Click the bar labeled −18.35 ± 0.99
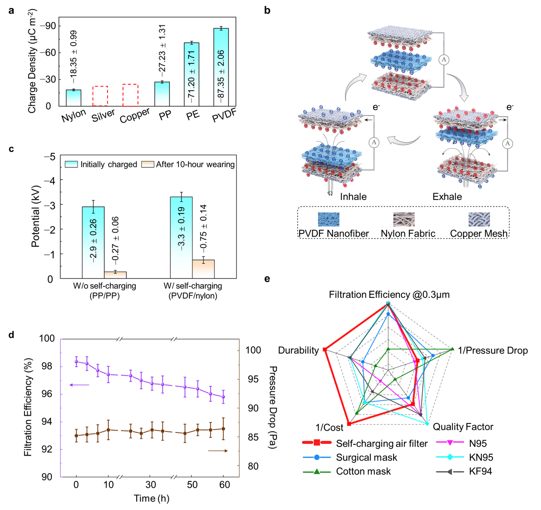[74, 98]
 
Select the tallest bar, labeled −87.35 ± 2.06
[221, 67]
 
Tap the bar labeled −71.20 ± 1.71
[192, 74]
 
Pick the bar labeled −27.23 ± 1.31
[162, 94]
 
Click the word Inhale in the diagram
[353, 197]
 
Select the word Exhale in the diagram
[447, 197]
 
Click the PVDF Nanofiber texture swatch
[329, 219]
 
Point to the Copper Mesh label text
[479, 233]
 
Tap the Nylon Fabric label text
[408, 233]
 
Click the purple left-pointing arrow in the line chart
[79, 385]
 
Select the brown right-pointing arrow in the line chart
[217, 451]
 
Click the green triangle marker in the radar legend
[317, 472]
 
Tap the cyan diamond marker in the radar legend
[450, 457]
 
